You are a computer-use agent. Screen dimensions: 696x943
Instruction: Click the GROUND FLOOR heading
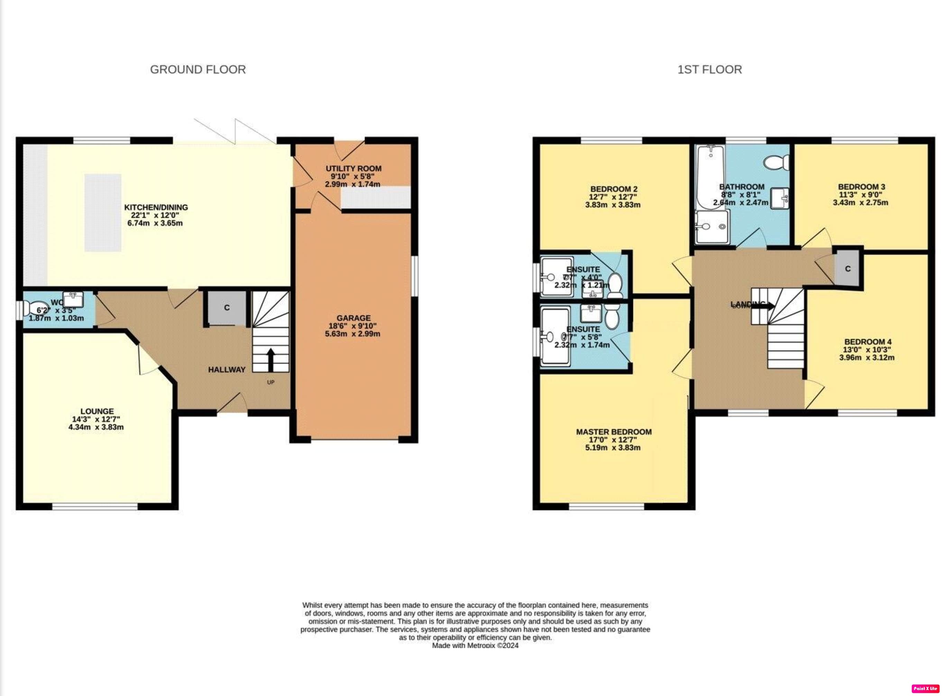point(198,69)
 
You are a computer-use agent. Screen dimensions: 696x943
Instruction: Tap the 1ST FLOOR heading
point(709,69)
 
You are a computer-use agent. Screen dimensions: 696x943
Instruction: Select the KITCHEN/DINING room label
point(156,207)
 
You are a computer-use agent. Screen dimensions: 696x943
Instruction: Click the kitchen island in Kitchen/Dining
point(103,213)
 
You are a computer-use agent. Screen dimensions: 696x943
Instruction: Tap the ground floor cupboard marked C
point(227,308)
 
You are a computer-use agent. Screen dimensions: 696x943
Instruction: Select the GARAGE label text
point(354,318)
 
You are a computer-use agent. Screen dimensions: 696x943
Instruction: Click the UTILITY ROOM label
point(354,169)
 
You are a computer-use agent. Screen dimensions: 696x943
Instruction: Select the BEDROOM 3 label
point(861,187)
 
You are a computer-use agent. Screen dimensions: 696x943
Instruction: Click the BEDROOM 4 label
point(868,342)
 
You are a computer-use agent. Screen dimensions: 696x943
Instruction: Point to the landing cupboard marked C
point(848,269)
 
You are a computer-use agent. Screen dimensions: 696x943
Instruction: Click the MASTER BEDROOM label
point(614,432)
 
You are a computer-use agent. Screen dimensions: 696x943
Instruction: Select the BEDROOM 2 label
point(614,189)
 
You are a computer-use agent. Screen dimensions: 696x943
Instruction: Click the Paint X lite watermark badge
point(926,688)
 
